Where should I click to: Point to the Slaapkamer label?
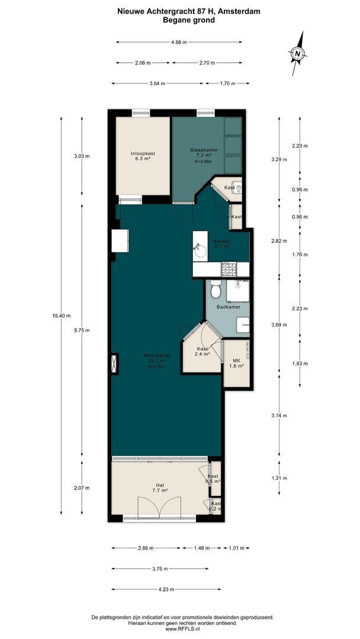204,150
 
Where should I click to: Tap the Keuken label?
222,242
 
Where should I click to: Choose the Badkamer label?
228,307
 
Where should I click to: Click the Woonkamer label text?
157,355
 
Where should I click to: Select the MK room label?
236,361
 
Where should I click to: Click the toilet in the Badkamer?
216,291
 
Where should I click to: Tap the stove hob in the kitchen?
228,270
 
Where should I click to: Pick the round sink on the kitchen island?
201,251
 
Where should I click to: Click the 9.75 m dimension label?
82,331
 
